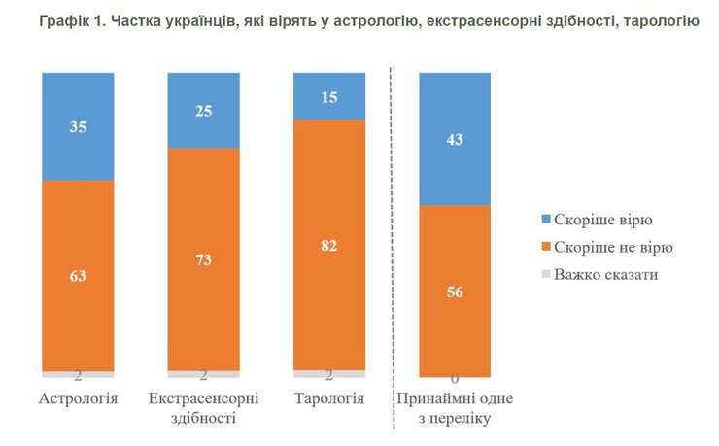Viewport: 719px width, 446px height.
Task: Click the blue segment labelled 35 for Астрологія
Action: [78, 126]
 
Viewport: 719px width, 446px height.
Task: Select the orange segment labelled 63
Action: [78, 276]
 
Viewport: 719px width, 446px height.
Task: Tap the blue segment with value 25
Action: [204, 112]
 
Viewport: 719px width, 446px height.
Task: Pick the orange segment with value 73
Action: [204, 259]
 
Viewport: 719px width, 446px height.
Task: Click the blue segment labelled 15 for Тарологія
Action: [328, 97]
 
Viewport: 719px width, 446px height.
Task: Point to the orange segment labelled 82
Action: [328, 245]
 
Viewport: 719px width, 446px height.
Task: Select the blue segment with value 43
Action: [455, 139]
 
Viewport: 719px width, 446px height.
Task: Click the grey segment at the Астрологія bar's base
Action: [78, 374]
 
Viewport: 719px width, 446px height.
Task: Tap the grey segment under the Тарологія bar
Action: [328, 374]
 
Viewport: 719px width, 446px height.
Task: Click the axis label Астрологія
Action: [78, 398]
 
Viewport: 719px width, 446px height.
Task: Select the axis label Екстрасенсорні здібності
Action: [204, 408]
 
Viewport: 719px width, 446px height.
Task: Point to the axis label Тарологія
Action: [328, 398]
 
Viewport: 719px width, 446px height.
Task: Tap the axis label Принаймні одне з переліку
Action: [455, 408]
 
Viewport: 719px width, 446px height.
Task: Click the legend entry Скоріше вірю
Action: [599, 221]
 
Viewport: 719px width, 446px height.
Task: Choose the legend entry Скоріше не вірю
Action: [608, 247]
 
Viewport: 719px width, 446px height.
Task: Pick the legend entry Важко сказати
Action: [604, 274]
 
